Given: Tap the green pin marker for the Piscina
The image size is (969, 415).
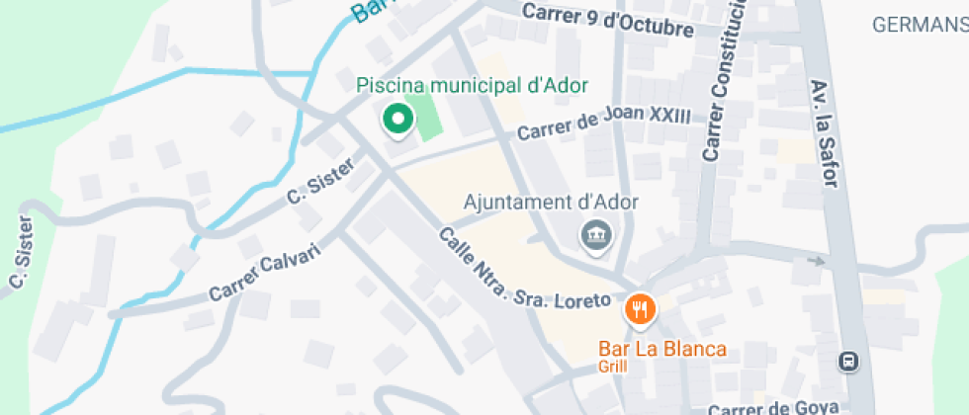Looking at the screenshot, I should [x=397, y=120].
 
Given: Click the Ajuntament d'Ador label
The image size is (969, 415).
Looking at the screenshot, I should [x=551, y=203].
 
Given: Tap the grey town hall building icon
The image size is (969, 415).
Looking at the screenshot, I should [x=596, y=236].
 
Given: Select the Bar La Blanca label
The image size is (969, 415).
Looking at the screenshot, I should [x=662, y=349].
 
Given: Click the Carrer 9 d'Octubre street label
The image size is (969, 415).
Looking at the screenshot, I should [x=607, y=21].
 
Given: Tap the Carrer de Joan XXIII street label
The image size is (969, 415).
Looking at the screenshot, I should [x=603, y=123].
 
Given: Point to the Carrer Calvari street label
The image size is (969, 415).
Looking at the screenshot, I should [x=266, y=270].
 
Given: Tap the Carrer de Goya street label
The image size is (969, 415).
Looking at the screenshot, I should [x=766, y=408].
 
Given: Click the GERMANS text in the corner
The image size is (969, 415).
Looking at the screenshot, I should [x=920, y=26].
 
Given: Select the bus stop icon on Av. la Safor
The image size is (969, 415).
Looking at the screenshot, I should [x=847, y=361].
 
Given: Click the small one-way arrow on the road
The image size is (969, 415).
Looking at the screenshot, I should [x=817, y=261].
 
